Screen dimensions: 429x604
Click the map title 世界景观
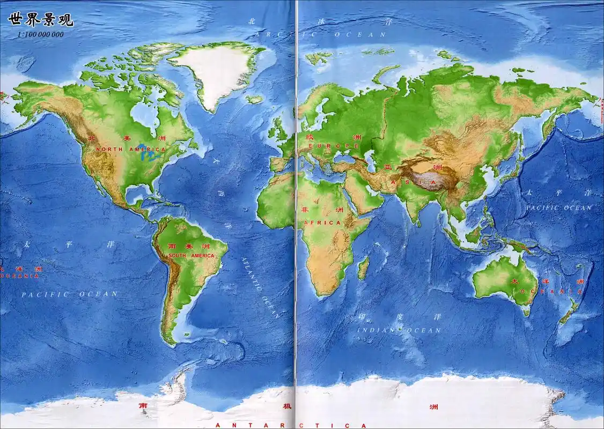click(x=41, y=20)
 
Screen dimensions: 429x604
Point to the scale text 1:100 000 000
click(x=40, y=34)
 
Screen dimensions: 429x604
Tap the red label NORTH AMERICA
click(x=124, y=149)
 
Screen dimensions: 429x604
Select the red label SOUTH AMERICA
click(x=191, y=256)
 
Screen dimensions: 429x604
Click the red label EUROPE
click(x=333, y=146)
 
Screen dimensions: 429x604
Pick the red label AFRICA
click(x=322, y=223)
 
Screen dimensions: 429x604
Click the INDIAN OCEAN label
click(x=399, y=330)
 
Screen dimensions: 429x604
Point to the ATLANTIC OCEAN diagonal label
click(x=260, y=287)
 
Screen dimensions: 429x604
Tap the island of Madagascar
click(x=363, y=267)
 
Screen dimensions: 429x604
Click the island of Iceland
click(x=255, y=99)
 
